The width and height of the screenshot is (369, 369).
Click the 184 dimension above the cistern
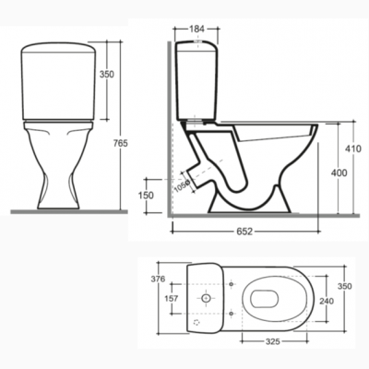(x=196, y=29)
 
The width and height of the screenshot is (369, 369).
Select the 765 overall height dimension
(x=121, y=143)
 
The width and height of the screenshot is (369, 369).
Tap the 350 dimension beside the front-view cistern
(x=107, y=74)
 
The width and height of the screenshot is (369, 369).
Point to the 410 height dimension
(x=352, y=149)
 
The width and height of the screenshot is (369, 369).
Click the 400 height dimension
(x=339, y=173)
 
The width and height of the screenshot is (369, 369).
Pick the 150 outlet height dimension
(x=146, y=196)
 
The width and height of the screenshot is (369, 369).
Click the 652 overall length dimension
(x=244, y=232)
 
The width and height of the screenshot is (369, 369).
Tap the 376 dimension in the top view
(x=158, y=279)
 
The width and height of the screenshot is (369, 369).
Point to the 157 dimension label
(x=171, y=298)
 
